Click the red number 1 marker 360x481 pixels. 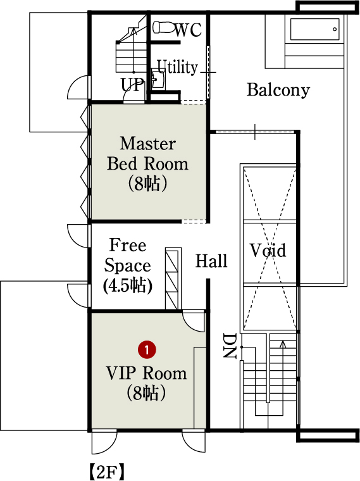pos(147,350)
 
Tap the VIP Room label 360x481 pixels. pos(146,373)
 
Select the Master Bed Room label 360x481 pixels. pos(147,153)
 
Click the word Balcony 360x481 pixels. pos(278,90)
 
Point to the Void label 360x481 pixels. pos(268,250)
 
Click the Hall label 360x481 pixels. pos(211,261)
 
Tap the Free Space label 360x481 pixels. pos(128,255)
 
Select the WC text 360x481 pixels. pos(189,30)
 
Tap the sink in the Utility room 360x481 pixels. pos(158,80)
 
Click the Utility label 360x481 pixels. pos(177,67)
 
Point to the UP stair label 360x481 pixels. pos(132,85)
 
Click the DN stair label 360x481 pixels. pos(230,346)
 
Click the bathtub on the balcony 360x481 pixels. pos(315,30)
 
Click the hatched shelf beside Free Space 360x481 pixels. pos(173,278)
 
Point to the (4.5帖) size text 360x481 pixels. pos(127,285)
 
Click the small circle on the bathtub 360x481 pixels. pos(335,30)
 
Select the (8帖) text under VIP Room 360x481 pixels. pos(146,393)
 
